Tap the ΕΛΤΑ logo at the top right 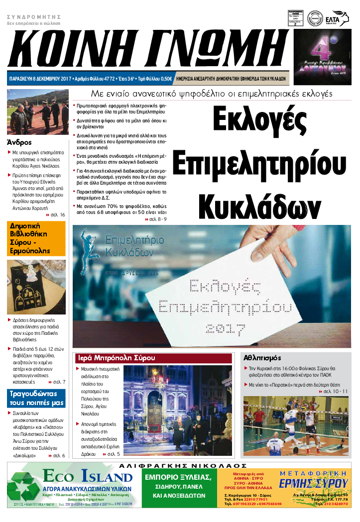coord(340,17)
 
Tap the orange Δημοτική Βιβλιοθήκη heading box coord(36,238)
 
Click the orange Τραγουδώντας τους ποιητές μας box coord(36,398)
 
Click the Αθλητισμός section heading coord(262,358)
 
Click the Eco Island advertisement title coord(88,477)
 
